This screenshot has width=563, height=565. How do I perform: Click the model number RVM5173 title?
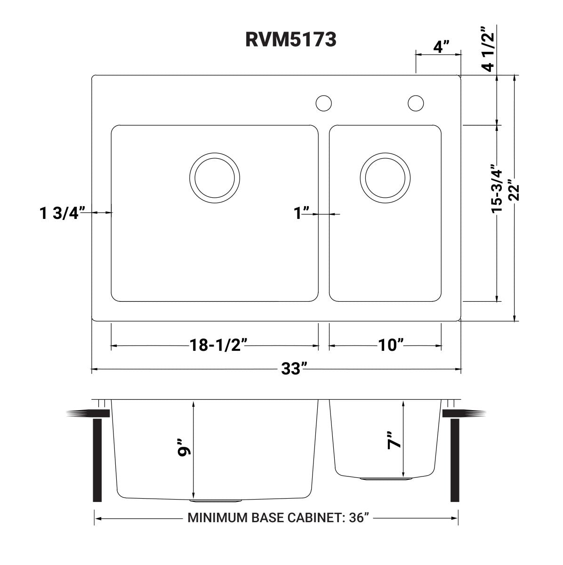[x=290, y=40]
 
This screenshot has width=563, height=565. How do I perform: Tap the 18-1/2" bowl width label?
[x=215, y=346]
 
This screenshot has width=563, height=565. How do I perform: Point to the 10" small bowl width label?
[x=391, y=346]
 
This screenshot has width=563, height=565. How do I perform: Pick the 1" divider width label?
[x=302, y=213]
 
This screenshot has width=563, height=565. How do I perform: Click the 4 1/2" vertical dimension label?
[x=488, y=49]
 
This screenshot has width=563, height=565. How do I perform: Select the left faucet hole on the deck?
[x=323, y=103]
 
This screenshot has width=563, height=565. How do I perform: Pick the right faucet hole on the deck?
[x=416, y=103]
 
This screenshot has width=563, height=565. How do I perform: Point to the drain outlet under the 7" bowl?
[x=385, y=479]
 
